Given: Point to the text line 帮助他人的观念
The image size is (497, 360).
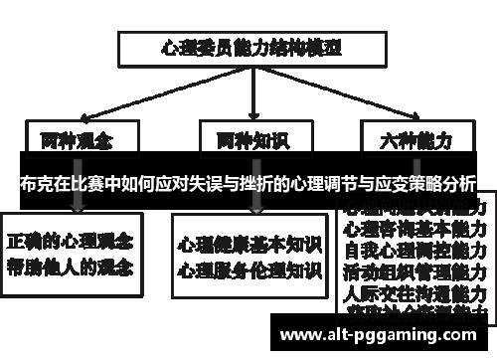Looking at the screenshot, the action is (74, 266).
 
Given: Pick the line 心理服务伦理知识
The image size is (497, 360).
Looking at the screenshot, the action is (249, 269).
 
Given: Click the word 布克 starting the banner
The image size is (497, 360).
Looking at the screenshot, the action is (33, 183).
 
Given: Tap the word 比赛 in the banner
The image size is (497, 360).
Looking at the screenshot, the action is (88, 183).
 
